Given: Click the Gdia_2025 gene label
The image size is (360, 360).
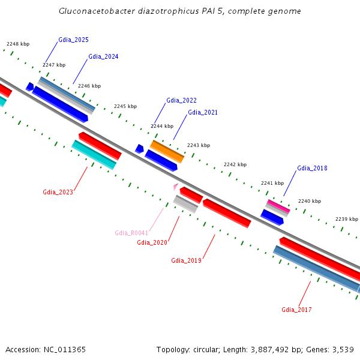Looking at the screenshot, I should coord(73,40).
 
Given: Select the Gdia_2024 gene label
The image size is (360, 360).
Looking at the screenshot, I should coord(103,57).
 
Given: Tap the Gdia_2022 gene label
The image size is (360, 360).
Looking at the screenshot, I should coord(181,100).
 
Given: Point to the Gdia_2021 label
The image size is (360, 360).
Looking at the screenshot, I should coord(203,112).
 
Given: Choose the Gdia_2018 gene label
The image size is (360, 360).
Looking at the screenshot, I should coord(312,168).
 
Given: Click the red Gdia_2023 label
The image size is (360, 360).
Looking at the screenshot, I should coord(58,193).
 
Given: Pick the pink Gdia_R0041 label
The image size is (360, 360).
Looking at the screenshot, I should coord(131,233).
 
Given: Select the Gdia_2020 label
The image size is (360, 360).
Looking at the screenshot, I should coord(152,242).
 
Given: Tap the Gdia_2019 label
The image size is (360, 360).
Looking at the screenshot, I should coord(186,260).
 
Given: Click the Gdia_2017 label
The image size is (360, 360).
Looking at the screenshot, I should coord(296,310).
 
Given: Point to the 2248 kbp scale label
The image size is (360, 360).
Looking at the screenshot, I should coord(18,44).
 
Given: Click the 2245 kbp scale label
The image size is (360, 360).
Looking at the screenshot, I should coord(125,106).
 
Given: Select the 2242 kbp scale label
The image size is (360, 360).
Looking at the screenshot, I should coord(235,164).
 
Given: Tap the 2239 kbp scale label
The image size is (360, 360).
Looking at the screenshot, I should coord(346,220).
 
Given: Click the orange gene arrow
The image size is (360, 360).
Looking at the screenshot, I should coord(167,151).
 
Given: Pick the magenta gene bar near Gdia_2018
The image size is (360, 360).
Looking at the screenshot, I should coord(278,206).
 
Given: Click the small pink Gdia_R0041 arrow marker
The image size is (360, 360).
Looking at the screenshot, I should coord(176,187).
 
